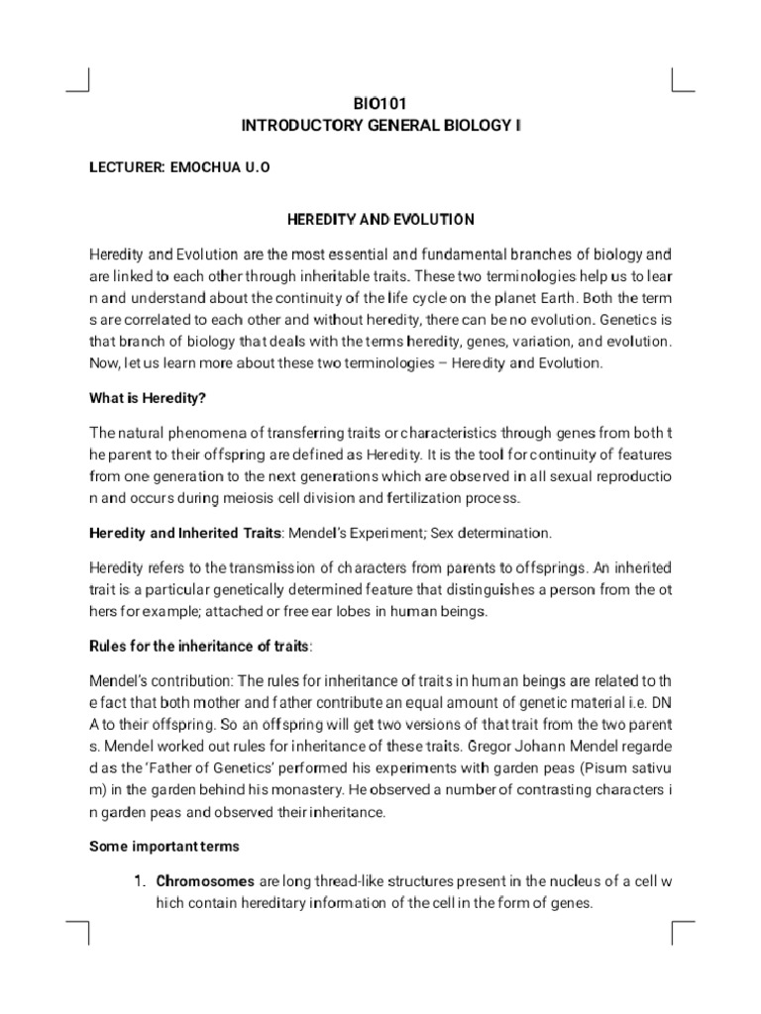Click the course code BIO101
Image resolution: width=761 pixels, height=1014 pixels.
(380, 103)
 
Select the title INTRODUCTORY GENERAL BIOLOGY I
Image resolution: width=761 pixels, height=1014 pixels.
(380, 127)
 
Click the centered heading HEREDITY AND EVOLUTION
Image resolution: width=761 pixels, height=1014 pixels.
(380, 219)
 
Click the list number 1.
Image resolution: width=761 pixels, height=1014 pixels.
(141, 880)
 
